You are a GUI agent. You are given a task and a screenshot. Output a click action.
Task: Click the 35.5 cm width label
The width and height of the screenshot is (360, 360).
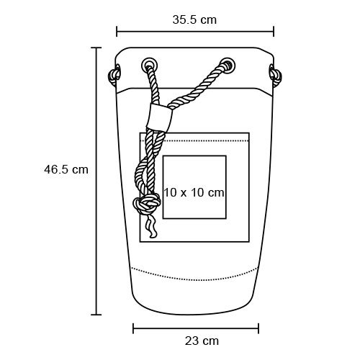pyautogui.click(x=194, y=19)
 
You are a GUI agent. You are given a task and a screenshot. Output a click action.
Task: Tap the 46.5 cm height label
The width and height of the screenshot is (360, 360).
pyautogui.click(x=66, y=170)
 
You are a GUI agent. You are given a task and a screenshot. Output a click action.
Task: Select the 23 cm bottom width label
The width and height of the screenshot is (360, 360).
pyautogui.click(x=202, y=341)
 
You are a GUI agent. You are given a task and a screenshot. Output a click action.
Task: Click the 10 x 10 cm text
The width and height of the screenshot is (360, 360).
pyautogui.click(x=194, y=192)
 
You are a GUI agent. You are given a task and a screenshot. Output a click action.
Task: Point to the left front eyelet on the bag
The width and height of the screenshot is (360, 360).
pyautogui.click(x=149, y=64)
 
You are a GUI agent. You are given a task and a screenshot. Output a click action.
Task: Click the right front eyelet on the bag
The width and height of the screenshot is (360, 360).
pyautogui.click(x=228, y=64)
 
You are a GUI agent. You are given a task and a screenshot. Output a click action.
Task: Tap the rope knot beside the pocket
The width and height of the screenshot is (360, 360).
pyautogui.click(x=147, y=204)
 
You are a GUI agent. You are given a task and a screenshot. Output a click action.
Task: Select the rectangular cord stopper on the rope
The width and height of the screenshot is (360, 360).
pyautogui.click(x=159, y=117)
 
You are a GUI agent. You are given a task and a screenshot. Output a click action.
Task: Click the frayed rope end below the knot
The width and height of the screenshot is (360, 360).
pyautogui.click(x=151, y=225)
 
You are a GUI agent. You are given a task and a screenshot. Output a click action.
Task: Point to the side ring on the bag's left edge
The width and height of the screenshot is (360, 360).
pyautogui.click(x=114, y=75)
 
